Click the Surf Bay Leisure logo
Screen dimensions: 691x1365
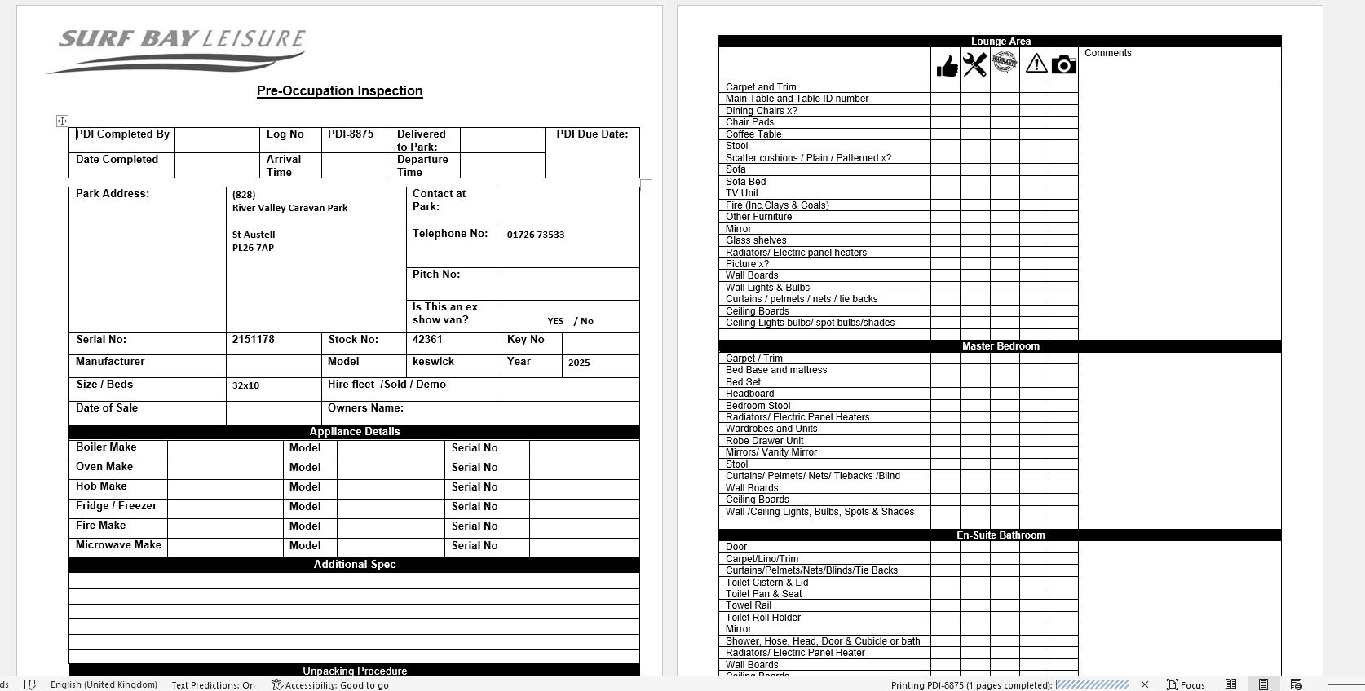178,49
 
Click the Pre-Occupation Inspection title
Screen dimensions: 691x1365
339,91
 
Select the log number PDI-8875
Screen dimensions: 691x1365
351,134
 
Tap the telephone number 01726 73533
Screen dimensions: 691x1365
536,235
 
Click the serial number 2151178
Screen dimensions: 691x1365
253,340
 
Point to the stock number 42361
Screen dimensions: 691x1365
427,340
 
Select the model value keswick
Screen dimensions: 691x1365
433,362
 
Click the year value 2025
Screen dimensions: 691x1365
579,363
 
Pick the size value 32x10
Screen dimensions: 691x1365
245,385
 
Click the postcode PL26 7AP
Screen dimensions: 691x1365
253,248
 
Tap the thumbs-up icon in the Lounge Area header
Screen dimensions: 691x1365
946,65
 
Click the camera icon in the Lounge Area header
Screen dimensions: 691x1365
1063,64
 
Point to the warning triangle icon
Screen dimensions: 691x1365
1036,64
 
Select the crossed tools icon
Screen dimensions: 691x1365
975,64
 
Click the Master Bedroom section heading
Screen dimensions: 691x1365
1000,346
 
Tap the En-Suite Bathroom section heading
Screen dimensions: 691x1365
1000,535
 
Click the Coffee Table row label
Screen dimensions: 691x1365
753,134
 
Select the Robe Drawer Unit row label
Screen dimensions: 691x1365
764,441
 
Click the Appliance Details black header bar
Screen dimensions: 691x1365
354,432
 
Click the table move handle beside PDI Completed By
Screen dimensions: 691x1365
62,121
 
